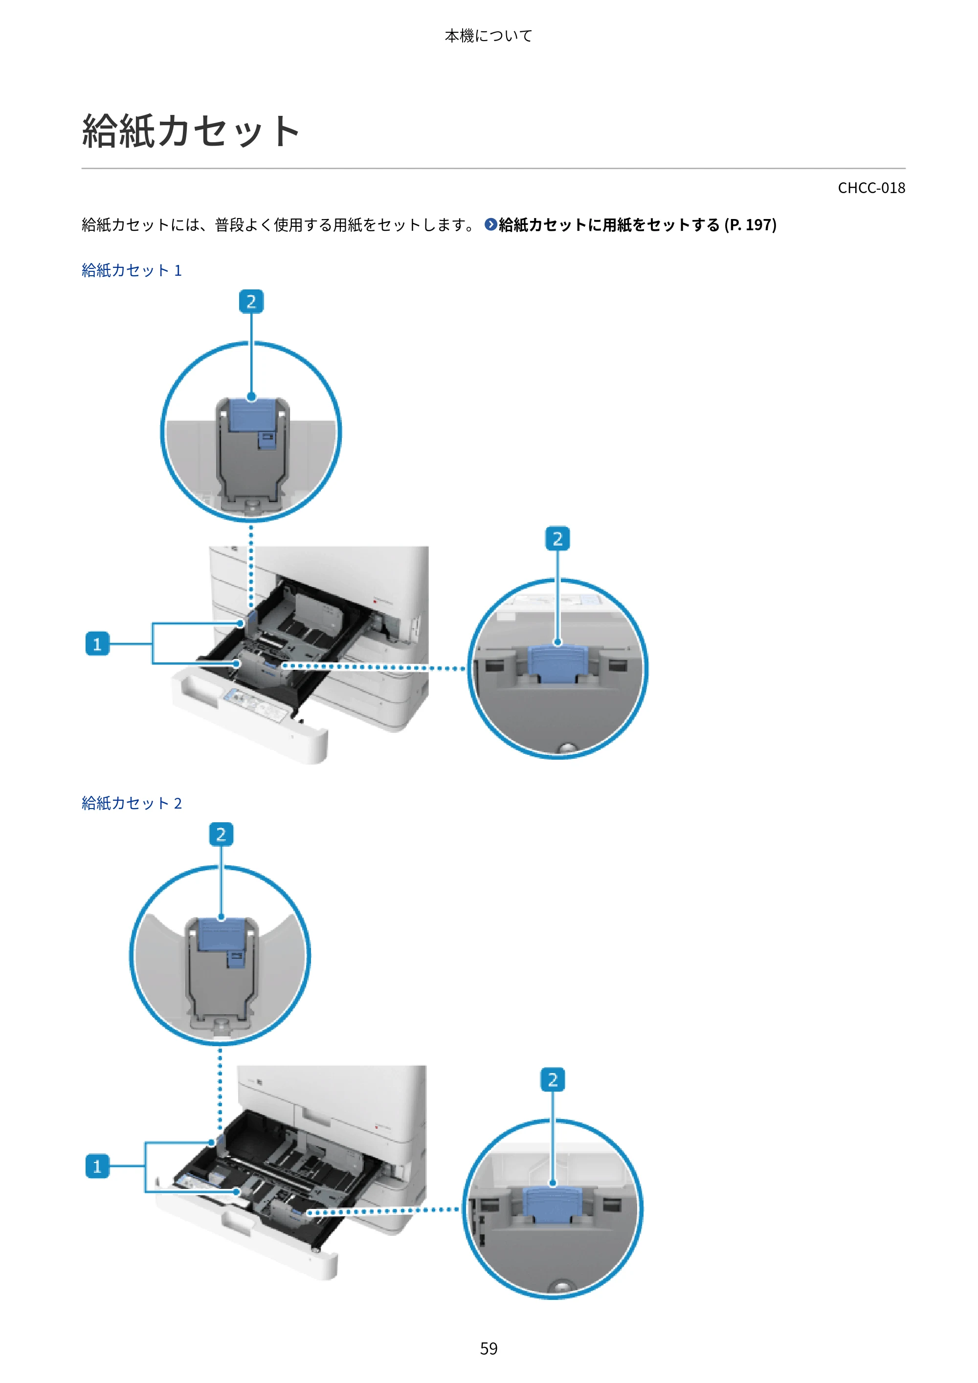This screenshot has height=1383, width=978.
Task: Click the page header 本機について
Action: [488, 36]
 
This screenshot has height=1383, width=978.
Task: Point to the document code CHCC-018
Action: [871, 188]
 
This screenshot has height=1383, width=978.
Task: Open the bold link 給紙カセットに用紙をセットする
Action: [609, 225]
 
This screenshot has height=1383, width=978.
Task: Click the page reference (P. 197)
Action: [750, 225]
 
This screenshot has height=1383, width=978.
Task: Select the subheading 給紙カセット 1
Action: [132, 270]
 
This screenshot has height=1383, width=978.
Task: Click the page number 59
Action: [489, 1348]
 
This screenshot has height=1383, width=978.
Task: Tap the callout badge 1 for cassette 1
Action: [97, 644]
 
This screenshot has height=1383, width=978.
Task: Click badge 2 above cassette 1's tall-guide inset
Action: [251, 301]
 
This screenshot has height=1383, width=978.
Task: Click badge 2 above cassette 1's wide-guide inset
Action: [557, 539]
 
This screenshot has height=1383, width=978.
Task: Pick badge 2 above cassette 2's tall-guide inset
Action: [221, 834]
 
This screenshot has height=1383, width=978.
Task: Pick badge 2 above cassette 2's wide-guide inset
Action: [553, 1079]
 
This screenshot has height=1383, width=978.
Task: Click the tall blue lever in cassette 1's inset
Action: [252, 415]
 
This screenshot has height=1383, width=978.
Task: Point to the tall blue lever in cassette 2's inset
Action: [221, 935]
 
